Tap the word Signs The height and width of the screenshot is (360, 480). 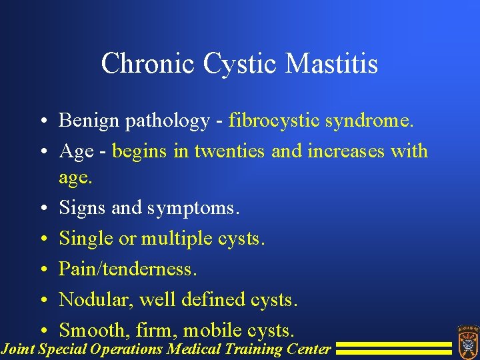83,208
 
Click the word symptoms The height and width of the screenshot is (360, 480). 189,208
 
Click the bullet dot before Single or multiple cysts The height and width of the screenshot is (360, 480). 42,239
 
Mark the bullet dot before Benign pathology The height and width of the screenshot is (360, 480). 42,121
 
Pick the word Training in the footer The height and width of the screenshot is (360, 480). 253,349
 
